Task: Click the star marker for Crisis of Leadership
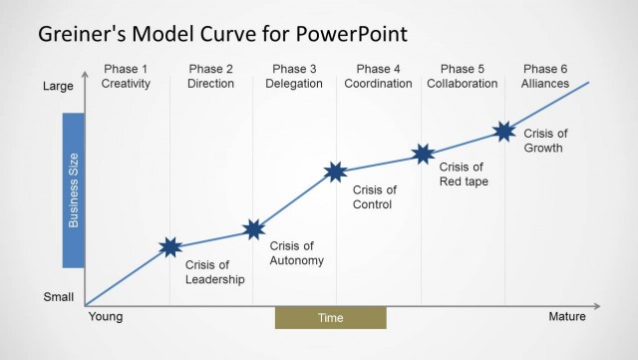click(170, 246)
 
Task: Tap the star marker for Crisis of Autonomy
click(253, 230)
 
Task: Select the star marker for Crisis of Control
click(336, 172)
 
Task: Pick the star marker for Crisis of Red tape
click(424, 154)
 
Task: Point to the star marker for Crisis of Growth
click(504, 131)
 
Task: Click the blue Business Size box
click(72, 189)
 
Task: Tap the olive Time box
click(330, 318)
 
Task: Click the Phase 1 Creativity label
click(126, 77)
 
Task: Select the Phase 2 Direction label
click(210, 77)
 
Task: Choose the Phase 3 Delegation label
click(294, 77)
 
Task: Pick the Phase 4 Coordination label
click(378, 77)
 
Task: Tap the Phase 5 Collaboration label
click(462, 77)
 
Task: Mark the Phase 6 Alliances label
click(544, 77)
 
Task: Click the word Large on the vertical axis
click(58, 87)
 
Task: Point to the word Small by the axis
click(58, 297)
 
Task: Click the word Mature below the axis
click(567, 317)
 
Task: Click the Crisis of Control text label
click(374, 196)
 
